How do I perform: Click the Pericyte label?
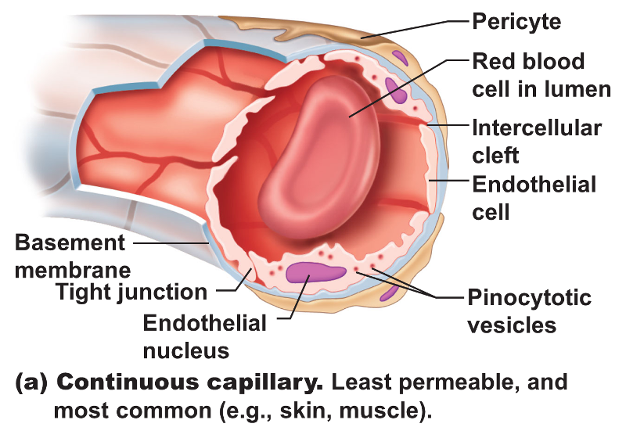point(517,21)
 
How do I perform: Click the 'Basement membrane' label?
point(70,256)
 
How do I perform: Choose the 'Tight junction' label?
point(131,293)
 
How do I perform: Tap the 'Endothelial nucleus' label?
point(205,336)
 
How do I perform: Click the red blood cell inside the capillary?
point(321,160)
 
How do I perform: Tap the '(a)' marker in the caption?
point(33,383)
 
